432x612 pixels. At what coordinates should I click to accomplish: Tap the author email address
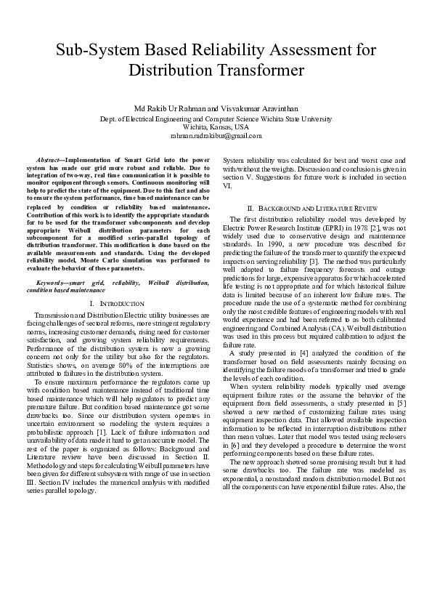(x=215, y=135)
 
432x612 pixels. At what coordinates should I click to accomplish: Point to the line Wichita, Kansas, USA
(x=216, y=126)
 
